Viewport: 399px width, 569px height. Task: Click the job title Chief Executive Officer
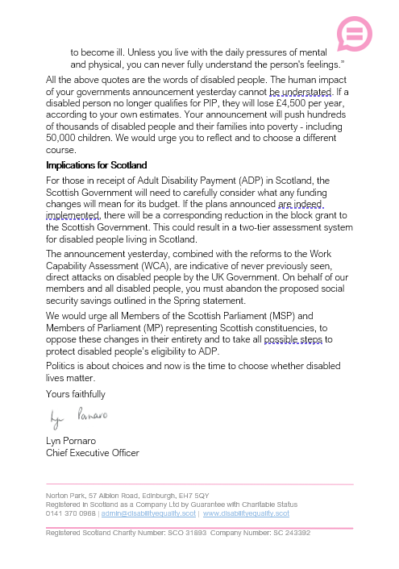[93, 453]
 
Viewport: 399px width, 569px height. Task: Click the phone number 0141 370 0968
[70, 513]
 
